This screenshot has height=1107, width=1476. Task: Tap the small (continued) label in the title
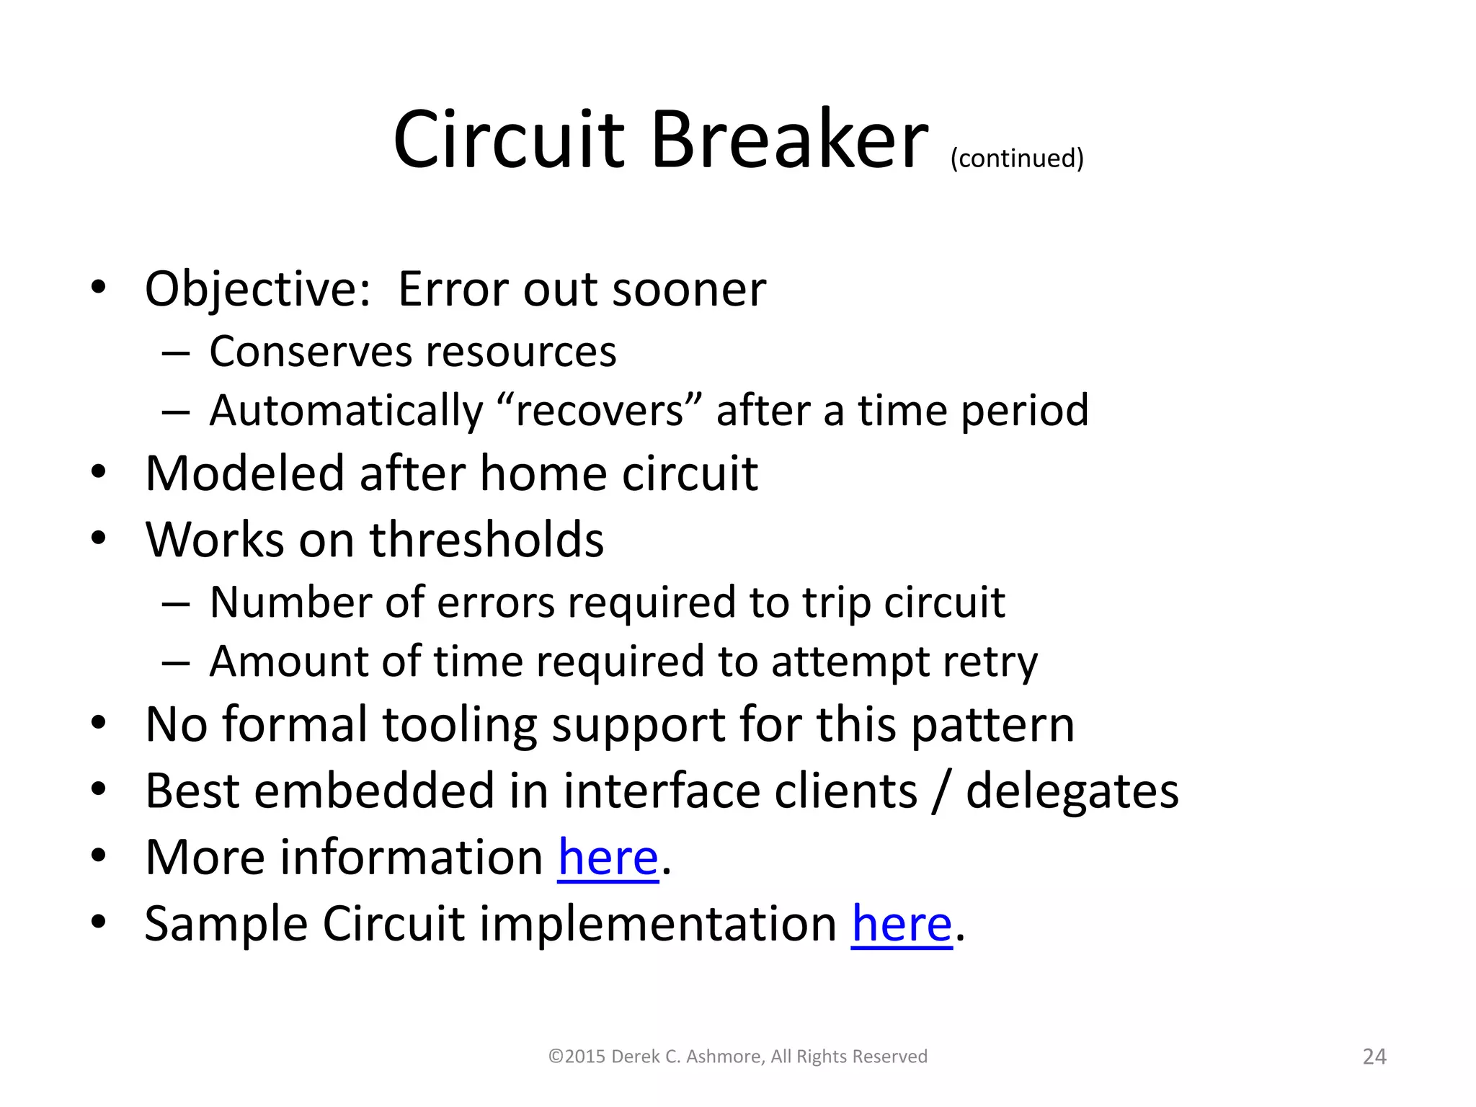coord(1017,158)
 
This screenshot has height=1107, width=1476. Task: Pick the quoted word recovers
coord(599,411)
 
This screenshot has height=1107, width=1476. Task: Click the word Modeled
coord(244,474)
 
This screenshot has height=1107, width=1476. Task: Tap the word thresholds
coord(486,539)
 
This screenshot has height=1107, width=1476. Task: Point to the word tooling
coord(459,724)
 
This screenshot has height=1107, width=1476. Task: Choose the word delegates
coord(1072,791)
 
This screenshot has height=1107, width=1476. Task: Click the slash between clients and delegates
coord(940,791)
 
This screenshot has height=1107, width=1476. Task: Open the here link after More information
coord(608,858)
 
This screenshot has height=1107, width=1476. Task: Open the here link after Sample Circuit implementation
coord(902,923)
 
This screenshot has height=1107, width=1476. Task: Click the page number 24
coord(1374,1057)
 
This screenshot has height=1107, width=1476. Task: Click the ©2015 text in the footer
coord(577,1057)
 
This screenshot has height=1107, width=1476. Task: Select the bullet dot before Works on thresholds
coord(99,538)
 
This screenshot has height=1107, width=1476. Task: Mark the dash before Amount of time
coord(176,662)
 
